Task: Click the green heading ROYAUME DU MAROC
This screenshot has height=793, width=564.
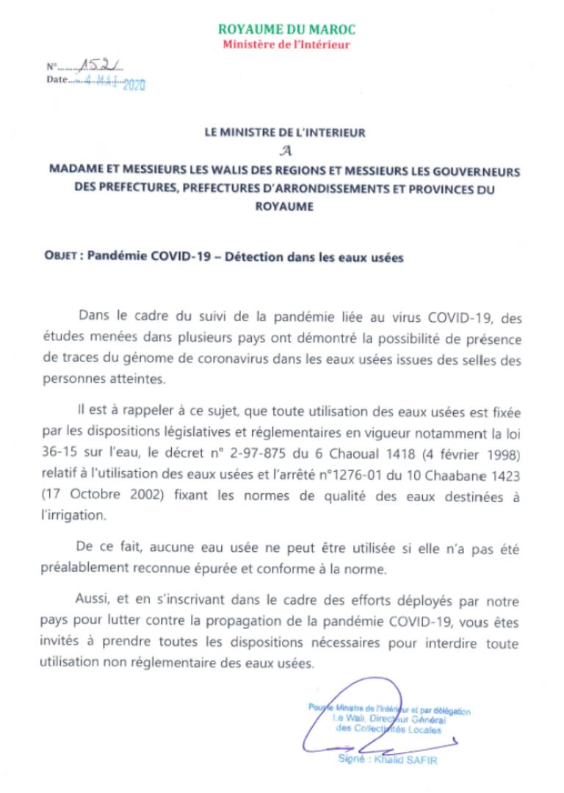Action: point(286,29)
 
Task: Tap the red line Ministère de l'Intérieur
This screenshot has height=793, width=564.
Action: point(286,45)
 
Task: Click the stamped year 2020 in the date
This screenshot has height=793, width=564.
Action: point(134,85)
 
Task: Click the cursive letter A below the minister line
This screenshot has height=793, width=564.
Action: point(284,151)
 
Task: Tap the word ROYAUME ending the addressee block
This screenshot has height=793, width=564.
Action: point(284,207)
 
